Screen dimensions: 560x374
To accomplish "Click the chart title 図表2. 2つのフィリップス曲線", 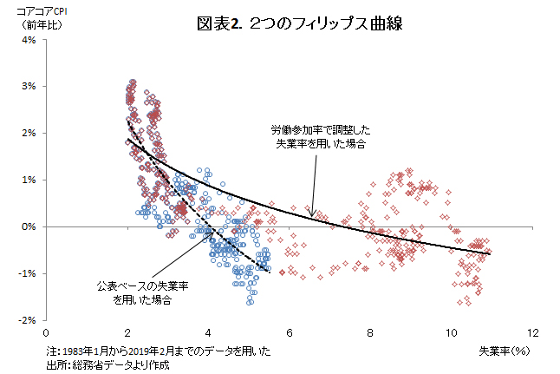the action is [x=300, y=24].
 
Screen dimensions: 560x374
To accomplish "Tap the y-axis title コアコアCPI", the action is [x=42, y=11].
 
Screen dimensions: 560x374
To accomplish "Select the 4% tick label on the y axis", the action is [x=29, y=40].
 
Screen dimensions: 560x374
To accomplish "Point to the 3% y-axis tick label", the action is [x=29, y=86].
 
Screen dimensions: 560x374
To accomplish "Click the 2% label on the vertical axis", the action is [x=29, y=133].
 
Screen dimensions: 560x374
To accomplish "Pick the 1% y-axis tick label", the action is [x=29, y=180].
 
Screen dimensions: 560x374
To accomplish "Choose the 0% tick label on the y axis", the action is [x=29, y=226].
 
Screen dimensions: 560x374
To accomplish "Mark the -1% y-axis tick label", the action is [x=27, y=273].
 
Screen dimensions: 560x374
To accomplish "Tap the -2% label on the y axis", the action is [x=27, y=320].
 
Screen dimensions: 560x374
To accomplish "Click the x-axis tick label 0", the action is [x=46, y=333].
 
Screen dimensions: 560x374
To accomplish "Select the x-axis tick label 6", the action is [x=290, y=333].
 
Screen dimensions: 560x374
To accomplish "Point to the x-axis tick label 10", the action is [x=452, y=333].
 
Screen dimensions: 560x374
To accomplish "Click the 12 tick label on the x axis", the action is [x=533, y=333].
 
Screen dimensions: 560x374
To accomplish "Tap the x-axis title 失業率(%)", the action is [x=505, y=351].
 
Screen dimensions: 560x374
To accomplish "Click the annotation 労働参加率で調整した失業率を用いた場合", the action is [x=321, y=136].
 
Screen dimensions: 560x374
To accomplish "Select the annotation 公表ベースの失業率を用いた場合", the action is [x=142, y=292].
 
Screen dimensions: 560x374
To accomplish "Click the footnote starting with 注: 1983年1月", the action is [x=159, y=351].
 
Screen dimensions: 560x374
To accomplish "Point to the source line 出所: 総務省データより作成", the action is [x=107, y=365].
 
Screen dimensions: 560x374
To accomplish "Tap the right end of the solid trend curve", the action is [x=490, y=254].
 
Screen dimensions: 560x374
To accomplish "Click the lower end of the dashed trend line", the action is [x=270, y=272].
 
